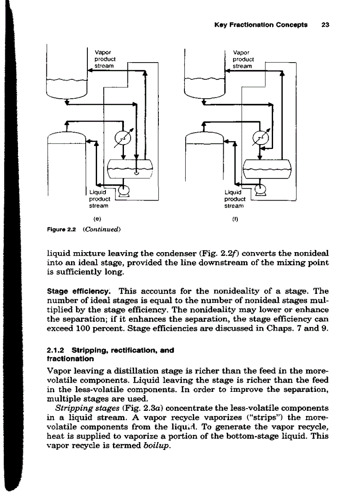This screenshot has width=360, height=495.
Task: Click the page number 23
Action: (326, 25)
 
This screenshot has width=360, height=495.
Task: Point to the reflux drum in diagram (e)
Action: (129, 168)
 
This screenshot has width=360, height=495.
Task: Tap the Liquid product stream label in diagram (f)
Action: (234, 198)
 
